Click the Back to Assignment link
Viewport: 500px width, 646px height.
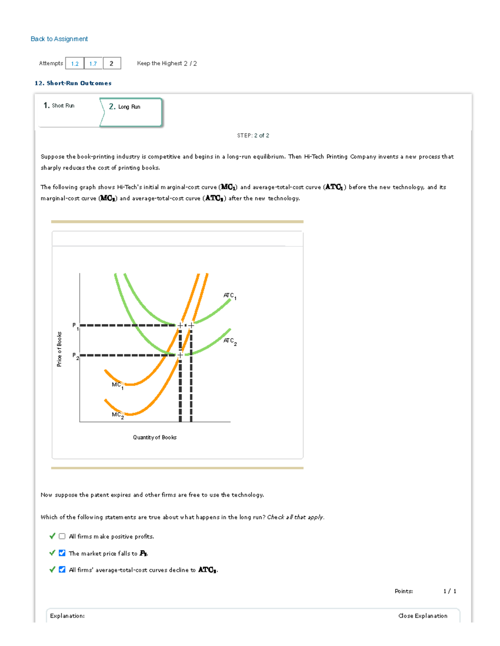pos(59,39)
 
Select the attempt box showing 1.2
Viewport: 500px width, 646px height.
pos(75,63)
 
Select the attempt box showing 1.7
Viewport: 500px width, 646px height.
pos(93,63)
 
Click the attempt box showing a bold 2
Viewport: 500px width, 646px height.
pos(112,63)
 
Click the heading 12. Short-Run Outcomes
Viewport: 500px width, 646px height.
pos(73,83)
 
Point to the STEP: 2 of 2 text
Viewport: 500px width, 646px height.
pos(253,136)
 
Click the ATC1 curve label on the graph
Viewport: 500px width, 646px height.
pos(230,296)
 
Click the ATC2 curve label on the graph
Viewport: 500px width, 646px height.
pos(230,341)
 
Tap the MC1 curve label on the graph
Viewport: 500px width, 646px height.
pos(117,385)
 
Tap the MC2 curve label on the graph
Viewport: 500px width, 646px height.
pos(117,415)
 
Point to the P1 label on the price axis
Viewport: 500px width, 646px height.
pos(75,326)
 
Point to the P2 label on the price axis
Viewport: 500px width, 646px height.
pos(75,356)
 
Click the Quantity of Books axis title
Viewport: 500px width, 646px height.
pos(155,437)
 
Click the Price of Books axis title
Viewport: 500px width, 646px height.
pos(59,349)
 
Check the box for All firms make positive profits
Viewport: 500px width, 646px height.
pos(62,536)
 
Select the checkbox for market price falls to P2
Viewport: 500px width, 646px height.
pos(62,553)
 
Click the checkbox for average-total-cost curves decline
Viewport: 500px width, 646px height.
pos(62,569)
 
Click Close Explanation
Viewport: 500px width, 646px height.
pos(422,616)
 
